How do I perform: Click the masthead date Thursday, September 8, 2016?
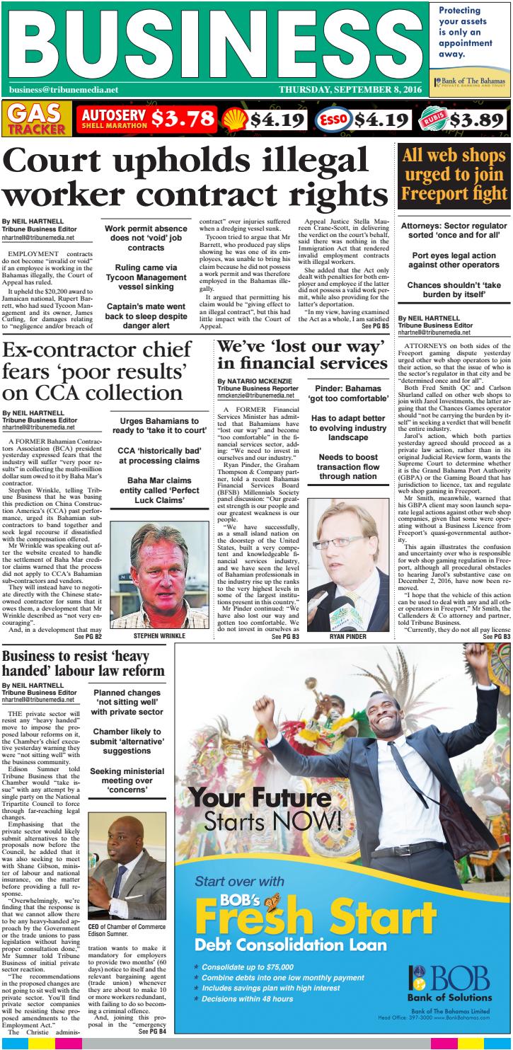click(x=350, y=90)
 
